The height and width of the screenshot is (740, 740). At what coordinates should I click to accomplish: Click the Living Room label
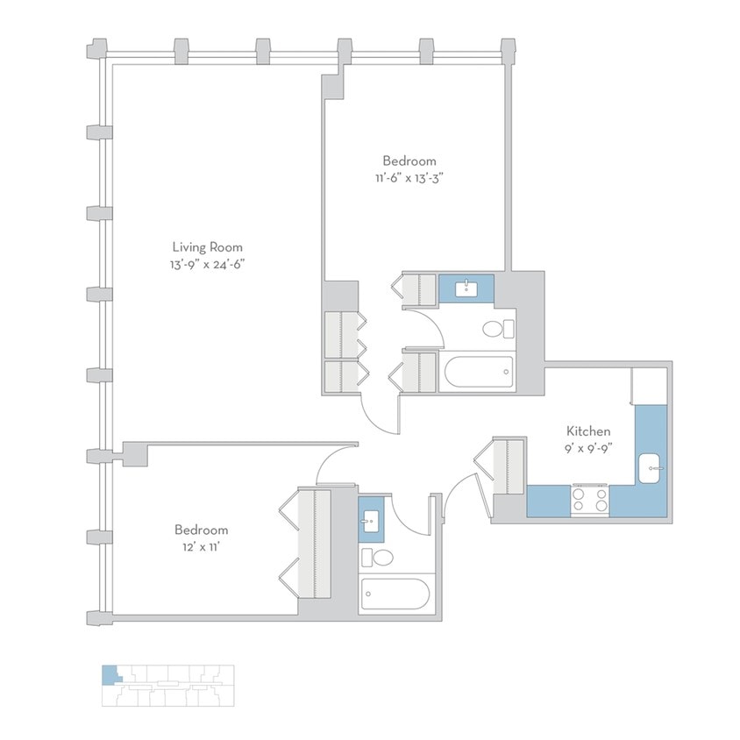(207, 247)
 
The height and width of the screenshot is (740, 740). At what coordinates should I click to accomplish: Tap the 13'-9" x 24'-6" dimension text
(207, 264)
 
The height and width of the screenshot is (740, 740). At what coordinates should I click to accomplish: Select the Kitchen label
(587, 431)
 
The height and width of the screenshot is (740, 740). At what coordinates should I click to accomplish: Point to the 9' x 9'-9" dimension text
(587, 448)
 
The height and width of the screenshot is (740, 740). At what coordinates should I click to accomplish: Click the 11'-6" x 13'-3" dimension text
(409, 178)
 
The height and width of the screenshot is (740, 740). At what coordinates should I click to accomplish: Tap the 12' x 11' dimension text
(201, 547)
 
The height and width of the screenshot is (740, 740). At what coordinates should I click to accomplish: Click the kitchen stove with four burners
(590, 500)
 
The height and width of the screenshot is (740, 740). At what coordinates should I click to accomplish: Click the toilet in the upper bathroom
(498, 331)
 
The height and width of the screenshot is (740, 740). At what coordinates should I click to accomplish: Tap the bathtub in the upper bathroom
(478, 373)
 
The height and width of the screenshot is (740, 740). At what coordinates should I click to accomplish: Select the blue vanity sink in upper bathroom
(466, 288)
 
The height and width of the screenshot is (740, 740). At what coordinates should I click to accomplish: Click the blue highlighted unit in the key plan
(109, 674)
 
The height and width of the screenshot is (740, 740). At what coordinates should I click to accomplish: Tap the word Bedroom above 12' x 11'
(201, 530)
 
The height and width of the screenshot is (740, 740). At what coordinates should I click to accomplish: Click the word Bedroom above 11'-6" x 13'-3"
(409, 161)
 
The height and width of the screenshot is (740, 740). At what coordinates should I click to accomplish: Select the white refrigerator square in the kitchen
(651, 385)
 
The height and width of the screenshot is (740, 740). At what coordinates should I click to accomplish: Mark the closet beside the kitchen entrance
(509, 465)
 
